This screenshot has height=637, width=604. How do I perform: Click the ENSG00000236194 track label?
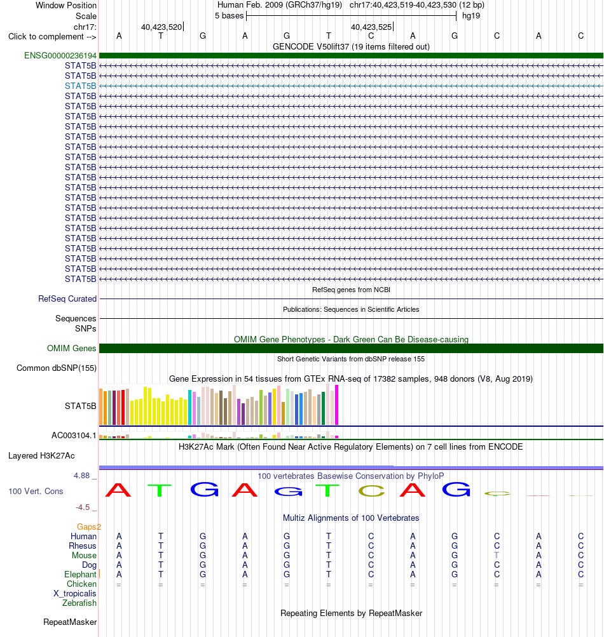click(60, 56)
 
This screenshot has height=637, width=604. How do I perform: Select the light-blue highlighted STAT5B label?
click(81, 86)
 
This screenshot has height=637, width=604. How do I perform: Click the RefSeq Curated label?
click(67, 299)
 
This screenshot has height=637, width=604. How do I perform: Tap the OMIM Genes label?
click(72, 349)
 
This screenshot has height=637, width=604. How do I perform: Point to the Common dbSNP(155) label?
click(57, 368)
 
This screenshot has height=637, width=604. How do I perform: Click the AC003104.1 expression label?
click(74, 436)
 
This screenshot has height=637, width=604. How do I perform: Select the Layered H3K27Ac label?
click(41, 456)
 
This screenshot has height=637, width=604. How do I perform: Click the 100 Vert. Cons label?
click(36, 491)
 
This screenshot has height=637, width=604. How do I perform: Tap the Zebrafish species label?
click(79, 603)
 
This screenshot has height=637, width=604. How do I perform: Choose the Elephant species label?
click(80, 574)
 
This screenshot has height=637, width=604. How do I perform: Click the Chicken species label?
click(82, 584)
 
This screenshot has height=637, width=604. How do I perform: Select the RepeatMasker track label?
click(70, 622)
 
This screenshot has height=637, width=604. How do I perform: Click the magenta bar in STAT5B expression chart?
click(336, 405)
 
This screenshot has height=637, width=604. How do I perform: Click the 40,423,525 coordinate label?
click(371, 27)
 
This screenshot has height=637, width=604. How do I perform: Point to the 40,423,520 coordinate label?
click(161, 27)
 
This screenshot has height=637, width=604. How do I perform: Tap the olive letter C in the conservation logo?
click(371, 491)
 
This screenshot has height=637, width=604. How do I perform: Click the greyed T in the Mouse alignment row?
click(497, 555)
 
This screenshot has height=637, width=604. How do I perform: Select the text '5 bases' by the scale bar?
click(229, 16)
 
